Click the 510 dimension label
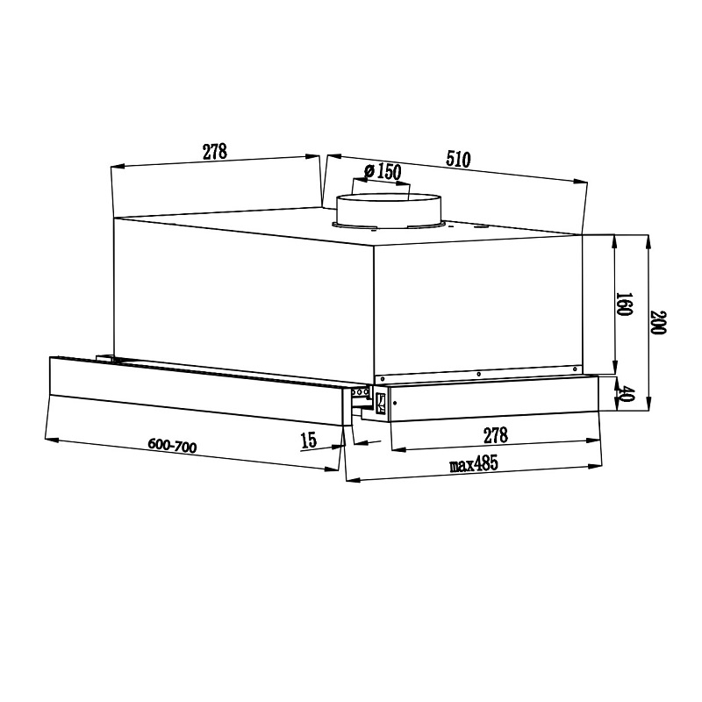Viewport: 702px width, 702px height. click(458, 159)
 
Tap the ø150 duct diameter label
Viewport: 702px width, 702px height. click(383, 171)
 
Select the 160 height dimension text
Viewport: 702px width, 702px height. click(624, 304)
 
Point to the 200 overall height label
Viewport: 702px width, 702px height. click(658, 322)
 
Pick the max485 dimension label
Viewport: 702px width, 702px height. click(474, 464)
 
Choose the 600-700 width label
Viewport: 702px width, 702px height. click(172, 446)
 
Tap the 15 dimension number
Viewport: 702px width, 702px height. click(309, 441)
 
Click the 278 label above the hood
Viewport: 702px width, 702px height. click(215, 151)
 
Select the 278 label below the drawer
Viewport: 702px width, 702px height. click(496, 434)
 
